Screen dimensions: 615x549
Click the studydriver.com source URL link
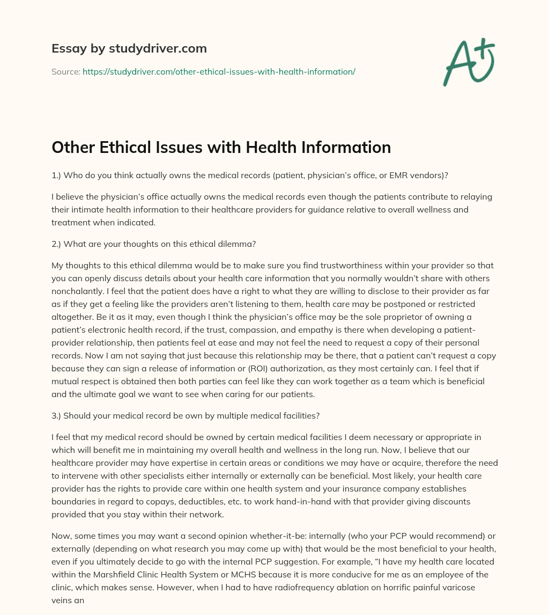click(x=219, y=71)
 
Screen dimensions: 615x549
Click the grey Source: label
click(x=66, y=71)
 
